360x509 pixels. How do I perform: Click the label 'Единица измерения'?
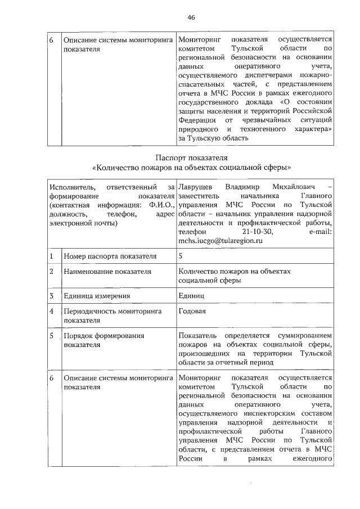click(97, 295)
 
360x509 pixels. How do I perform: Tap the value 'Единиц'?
click(191, 295)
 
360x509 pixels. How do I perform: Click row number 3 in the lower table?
click(51, 295)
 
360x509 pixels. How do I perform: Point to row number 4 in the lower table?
click(51, 310)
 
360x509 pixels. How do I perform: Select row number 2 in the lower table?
click(51, 272)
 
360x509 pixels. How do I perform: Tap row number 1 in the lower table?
click(51, 256)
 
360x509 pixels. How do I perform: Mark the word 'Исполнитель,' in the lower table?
click(71, 187)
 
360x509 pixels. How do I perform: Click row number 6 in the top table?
click(51, 40)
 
